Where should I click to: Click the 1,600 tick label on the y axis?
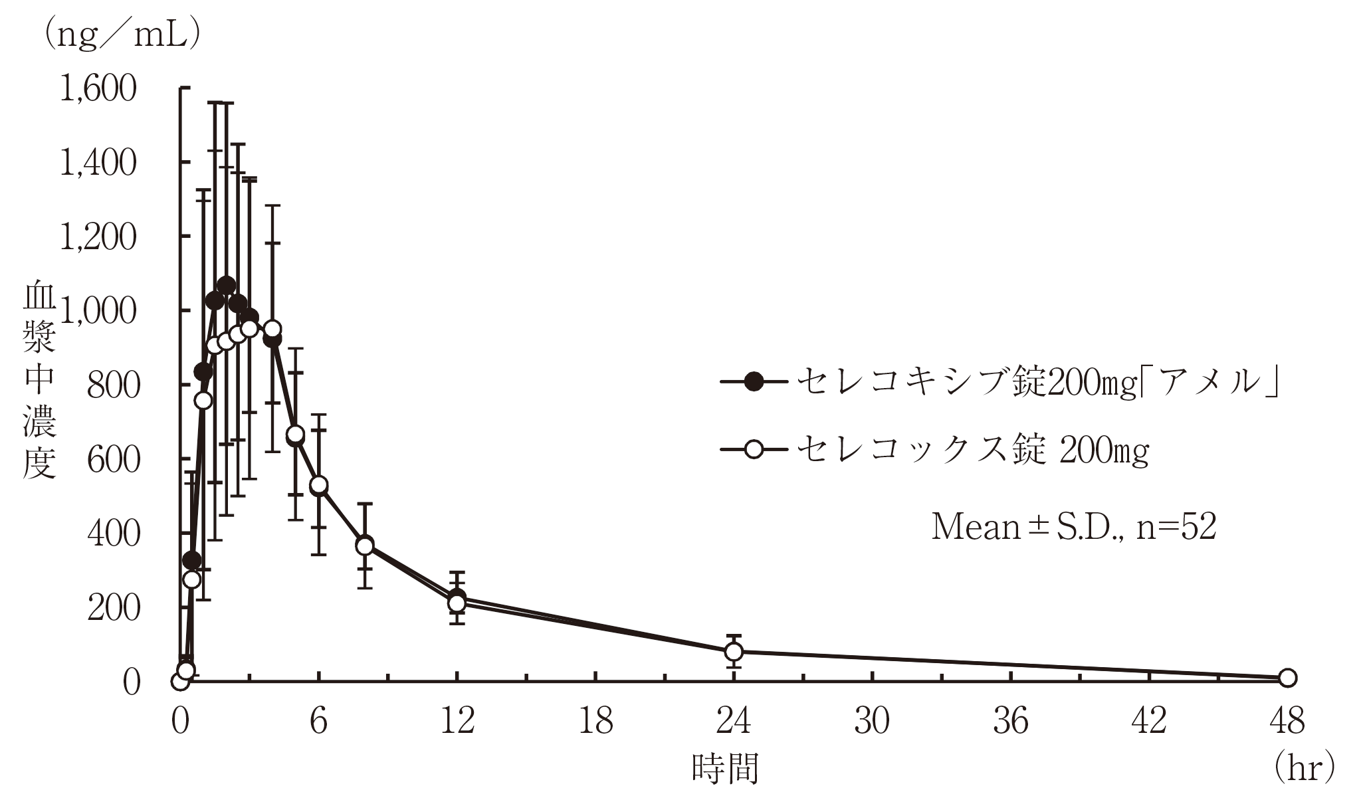[98, 89]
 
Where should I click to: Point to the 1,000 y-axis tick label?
[98, 312]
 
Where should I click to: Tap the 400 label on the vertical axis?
[113, 534]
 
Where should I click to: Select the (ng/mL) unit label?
[122, 35]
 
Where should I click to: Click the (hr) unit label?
[1303, 769]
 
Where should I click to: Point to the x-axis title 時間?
[725, 769]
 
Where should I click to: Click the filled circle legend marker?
[754, 381]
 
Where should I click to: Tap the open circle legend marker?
[754, 450]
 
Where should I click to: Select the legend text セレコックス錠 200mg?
[972, 450]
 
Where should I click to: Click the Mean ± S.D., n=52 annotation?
[1073, 528]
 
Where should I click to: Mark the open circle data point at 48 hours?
[1287, 678]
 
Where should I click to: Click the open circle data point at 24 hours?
[734, 652]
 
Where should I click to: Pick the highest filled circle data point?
[226, 285]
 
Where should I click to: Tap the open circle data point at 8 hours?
[364, 546]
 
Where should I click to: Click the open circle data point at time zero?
[179, 681]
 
